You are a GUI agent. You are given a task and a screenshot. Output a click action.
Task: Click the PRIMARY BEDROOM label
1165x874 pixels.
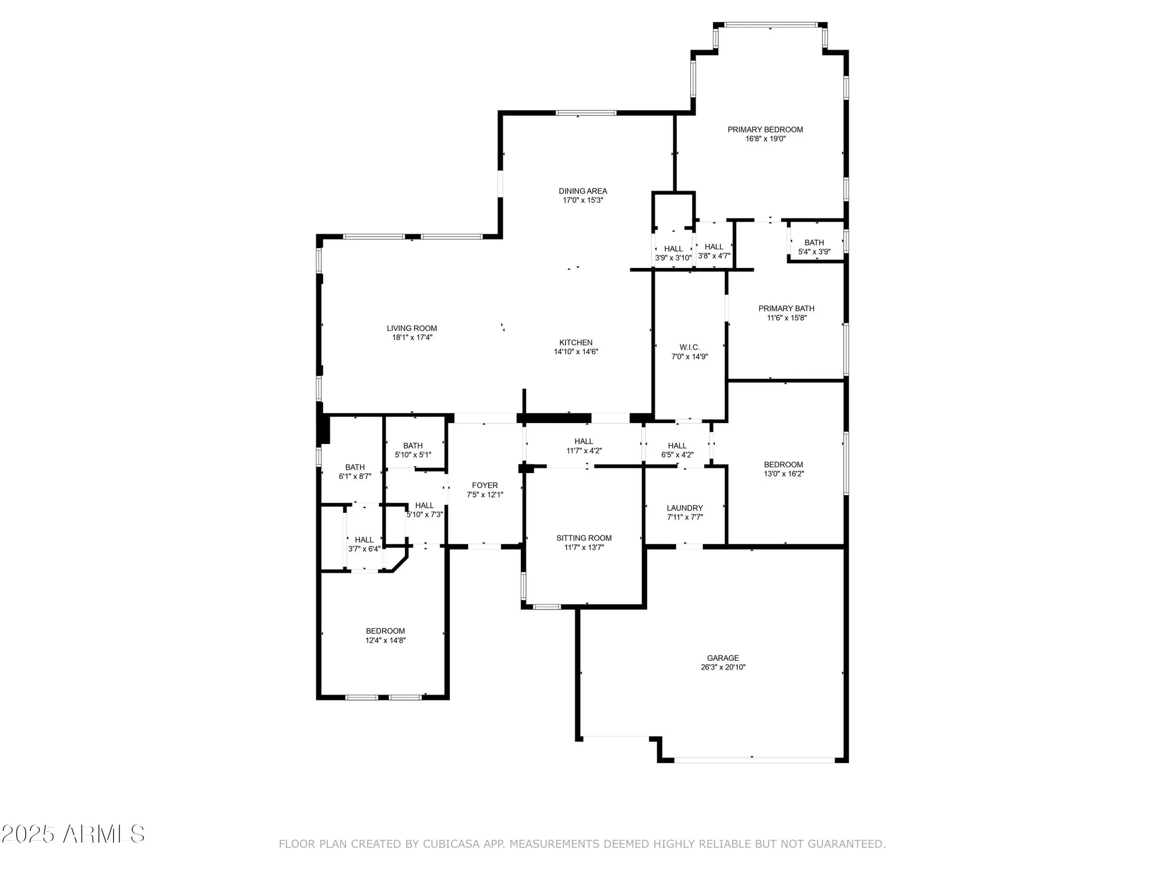[x=765, y=129]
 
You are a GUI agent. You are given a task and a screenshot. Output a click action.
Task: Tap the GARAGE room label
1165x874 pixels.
[x=723, y=658]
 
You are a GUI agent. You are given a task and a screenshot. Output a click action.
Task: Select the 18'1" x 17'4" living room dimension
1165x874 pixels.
[x=412, y=337]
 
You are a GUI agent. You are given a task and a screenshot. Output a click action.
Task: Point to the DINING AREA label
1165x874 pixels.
[x=582, y=191]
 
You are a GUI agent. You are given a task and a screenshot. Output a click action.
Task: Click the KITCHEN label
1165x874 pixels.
[x=576, y=343]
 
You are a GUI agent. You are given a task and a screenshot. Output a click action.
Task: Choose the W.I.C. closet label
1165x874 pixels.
[x=690, y=347]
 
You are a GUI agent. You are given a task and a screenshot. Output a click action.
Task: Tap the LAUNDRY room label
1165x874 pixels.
[x=684, y=508]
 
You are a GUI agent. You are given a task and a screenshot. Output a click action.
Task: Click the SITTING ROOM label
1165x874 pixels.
[x=584, y=538]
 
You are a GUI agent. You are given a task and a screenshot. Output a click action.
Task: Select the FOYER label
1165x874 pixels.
[x=485, y=485]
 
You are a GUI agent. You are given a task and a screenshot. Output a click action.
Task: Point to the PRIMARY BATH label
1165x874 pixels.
[x=786, y=308]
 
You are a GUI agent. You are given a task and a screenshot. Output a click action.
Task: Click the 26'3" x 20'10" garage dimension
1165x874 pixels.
[x=723, y=667]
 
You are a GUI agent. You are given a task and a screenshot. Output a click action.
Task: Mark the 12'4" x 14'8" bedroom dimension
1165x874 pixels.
[x=385, y=640]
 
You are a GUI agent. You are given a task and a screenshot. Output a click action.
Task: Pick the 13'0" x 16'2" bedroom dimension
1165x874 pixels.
[x=783, y=474]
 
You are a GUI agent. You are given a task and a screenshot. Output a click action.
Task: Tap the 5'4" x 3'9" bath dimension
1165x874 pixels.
[x=814, y=252]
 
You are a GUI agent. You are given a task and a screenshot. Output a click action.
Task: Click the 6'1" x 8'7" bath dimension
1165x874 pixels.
[x=355, y=476]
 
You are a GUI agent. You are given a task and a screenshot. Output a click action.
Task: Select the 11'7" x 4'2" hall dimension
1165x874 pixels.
[x=584, y=450]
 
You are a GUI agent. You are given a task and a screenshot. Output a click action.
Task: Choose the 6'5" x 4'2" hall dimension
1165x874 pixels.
[x=677, y=454]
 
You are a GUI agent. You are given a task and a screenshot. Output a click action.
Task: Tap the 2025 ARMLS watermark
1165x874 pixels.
[x=72, y=834]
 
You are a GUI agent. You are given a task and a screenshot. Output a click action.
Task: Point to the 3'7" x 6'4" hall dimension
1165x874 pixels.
[x=364, y=549]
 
